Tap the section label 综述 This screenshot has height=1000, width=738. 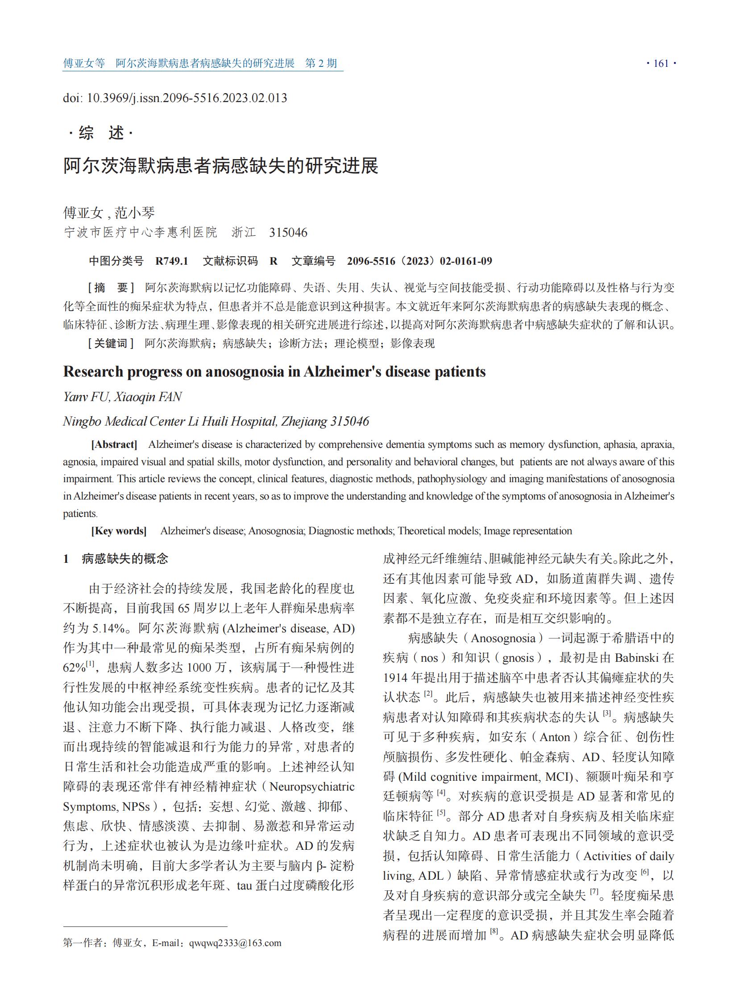101,133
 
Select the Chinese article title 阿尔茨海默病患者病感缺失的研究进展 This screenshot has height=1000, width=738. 221,166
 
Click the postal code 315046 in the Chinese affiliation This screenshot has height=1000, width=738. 288,233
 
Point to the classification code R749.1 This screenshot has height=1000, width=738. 171,262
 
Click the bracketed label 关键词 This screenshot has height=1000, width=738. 111,344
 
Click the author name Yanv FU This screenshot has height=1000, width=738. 85,397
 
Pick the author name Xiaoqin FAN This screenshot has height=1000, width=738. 147,397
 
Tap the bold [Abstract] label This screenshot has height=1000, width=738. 114,444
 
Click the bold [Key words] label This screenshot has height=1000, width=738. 119,531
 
